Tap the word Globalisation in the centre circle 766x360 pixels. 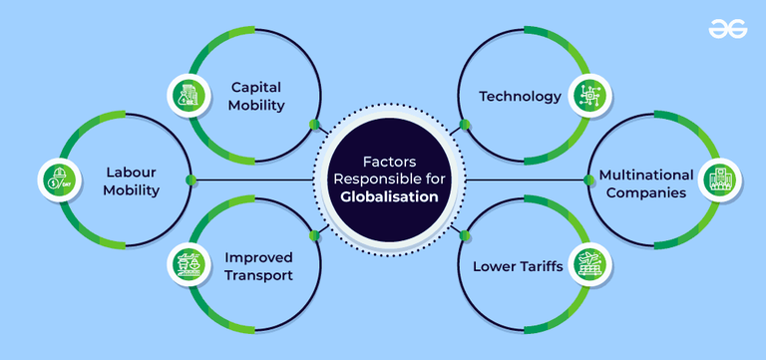[x=389, y=197]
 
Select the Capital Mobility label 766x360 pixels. [x=257, y=95]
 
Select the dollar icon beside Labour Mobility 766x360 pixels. [x=52, y=180]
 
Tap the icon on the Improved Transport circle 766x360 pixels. [x=186, y=265]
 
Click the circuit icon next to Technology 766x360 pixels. [x=583, y=96]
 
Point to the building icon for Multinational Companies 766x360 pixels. [x=717, y=180]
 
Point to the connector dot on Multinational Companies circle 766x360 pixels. [x=586, y=180]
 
